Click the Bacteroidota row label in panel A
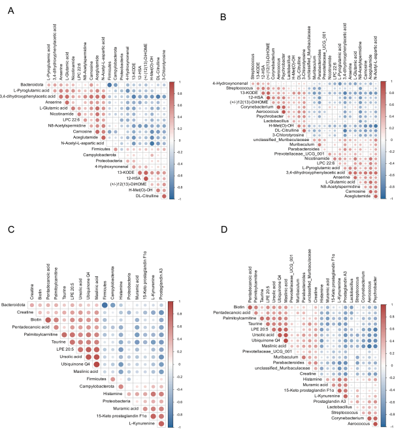point(31,84)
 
